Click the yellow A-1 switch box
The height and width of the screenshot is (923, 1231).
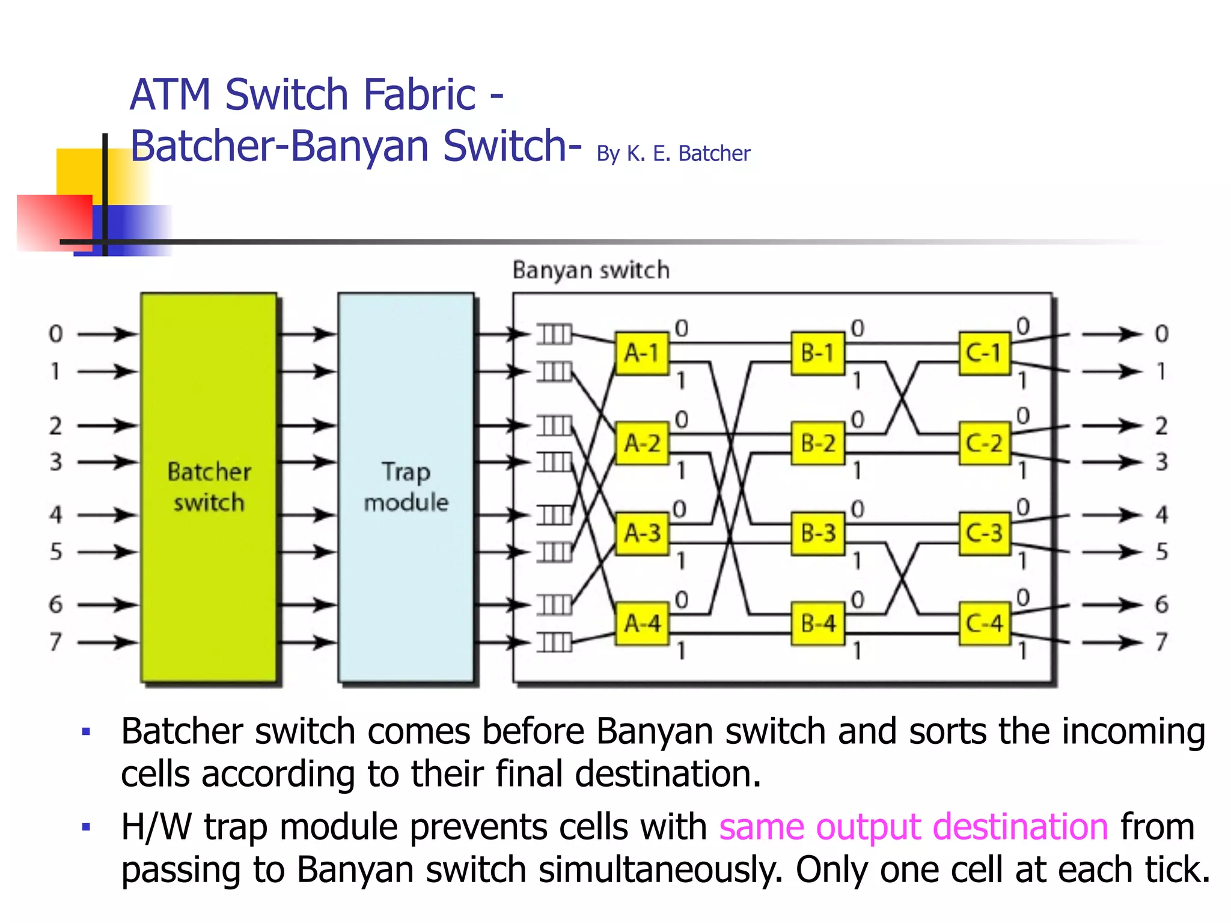(642, 353)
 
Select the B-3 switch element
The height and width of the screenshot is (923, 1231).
(817, 533)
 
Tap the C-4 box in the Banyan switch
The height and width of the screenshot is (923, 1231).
(984, 623)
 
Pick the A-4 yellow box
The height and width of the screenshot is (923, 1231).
(642, 623)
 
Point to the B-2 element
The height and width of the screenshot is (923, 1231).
(817, 443)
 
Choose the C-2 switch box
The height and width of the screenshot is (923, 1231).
(984, 443)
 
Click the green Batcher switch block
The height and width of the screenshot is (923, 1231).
(209, 487)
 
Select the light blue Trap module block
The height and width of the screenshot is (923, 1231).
(406, 487)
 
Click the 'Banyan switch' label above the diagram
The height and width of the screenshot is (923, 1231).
(591, 270)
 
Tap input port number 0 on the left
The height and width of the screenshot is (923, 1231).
(55, 334)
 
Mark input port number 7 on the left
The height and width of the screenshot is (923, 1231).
(55, 642)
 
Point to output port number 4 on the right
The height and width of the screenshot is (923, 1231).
(1161, 515)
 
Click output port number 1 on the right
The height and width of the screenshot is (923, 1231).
(1161, 371)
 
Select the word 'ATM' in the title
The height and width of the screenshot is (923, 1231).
(171, 95)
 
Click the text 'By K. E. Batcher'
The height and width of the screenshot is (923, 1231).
(673, 154)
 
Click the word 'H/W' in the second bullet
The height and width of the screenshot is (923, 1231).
(156, 827)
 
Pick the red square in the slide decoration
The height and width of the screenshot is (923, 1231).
(54, 222)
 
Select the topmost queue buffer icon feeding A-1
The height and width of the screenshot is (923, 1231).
(554, 334)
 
